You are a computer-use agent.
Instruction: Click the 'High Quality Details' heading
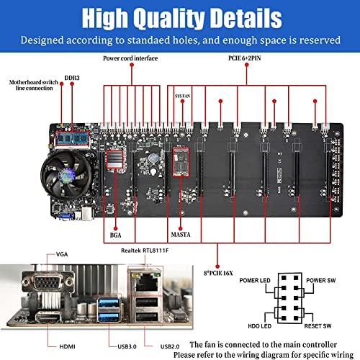pyautogui.click(x=181, y=18)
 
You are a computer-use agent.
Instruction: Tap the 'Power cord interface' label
pyautogui.click(x=130, y=58)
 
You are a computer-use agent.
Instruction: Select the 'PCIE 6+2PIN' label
pyautogui.click(x=245, y=58)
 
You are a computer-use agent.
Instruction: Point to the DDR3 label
pyautogui.click(x=72, y=78)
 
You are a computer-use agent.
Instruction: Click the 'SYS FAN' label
pyautogui.click(x=182, y=96)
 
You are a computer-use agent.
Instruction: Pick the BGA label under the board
pyautogui.click(x=115, y=235)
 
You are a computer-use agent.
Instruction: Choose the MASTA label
pyautogui.click(x=181, y=235)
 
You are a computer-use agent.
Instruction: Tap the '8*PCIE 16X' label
pyautogui.click(x=218, y=273)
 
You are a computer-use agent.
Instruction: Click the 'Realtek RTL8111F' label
pyautogui.click(x=145, y=251)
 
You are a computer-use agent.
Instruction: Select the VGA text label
pyautogui.click(x=62, y=254)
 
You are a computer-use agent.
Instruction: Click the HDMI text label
pyautogui.click(x=67, y=346)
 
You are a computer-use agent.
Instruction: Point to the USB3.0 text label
pyautogui.click(x=127, y=346)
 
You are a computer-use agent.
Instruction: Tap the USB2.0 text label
pyautogui.click(x=170, y=346)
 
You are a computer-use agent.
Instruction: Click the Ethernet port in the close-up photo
pyautogui.click(x=146, y=282)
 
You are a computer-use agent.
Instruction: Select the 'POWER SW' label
pyautogui.click(x=321, y=280)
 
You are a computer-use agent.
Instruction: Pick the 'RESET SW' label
pyautogui.click(x=318, y=326)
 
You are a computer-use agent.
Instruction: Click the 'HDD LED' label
pyautogui.click(x=259, y=326)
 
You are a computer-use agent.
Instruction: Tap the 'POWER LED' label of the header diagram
pyautogui.click(x=255, y=280)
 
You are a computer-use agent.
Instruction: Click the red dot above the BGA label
pyautogui.click(x=115, y=228)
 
